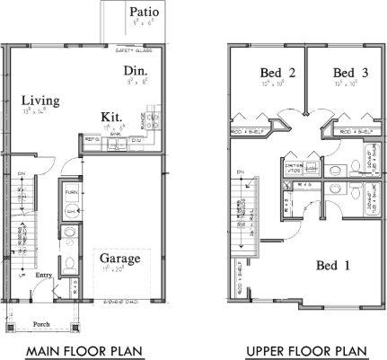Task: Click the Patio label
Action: [x=145, y=12]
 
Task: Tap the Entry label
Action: [x=42, y=276]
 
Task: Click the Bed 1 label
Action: [x=334, y=265]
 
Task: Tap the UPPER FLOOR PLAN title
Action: [x=306, y=349]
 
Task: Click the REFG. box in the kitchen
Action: [x=91, y=140]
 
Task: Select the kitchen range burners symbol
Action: [x=152, y=119]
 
